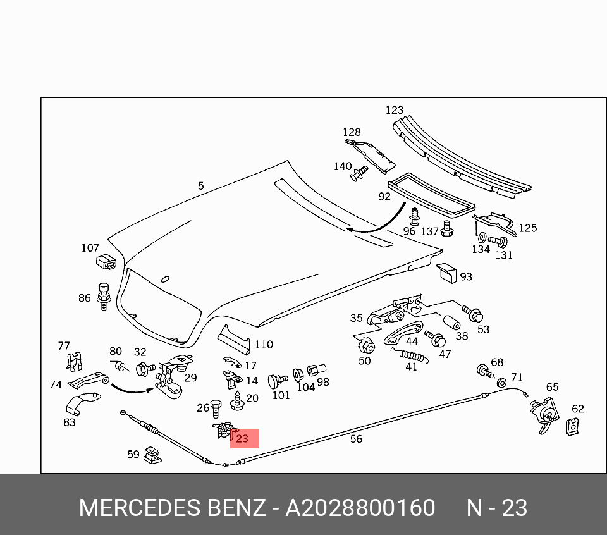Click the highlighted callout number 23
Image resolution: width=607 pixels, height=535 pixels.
coord(243,438)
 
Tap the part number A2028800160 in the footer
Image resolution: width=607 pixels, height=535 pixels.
coord(360,508)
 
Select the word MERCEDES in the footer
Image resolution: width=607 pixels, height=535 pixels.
coord(140,508)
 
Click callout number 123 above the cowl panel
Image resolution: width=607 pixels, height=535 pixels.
coord(395,110)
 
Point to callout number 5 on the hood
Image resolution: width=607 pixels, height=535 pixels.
coord(201,186)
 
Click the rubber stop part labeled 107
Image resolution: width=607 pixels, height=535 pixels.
coord(105,261)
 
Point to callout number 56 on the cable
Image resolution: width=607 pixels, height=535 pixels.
coord(356,438)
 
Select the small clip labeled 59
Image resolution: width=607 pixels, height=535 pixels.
coord(152,454)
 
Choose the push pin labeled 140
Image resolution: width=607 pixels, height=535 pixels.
coord(360,173)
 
